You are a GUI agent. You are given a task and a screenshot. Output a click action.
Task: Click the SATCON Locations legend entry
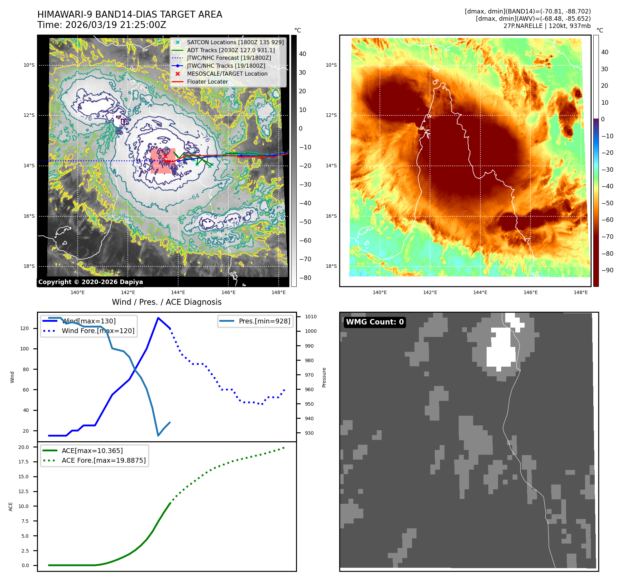click(235, 42)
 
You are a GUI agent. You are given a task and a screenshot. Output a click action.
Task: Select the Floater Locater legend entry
click(207, 82)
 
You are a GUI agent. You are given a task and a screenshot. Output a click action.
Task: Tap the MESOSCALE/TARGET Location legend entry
click(227, 74)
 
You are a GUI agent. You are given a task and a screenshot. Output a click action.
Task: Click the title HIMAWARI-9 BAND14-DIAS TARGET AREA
click(130, 15)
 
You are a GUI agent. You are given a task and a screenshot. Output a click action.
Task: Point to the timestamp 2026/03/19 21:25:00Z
click(116, 25)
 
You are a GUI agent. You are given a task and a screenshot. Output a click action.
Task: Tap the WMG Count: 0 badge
click(375, 322)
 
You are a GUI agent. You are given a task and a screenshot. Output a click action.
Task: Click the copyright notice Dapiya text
click(90, 282)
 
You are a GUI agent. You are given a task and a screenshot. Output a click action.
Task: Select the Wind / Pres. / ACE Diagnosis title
click(166, 302)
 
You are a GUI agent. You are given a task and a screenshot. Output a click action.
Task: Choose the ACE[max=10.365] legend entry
click(92, 451)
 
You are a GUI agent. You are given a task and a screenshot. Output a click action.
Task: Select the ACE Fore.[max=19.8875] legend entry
click(103, 460)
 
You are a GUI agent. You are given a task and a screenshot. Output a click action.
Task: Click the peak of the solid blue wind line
click(158, 318)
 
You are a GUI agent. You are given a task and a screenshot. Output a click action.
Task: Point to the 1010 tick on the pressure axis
click(310, 317)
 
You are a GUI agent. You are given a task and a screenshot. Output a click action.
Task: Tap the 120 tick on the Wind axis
click(25, 328)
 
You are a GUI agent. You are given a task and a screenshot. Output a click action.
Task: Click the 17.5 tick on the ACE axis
click(23, 462)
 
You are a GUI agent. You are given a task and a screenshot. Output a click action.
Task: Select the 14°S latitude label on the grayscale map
click(29, 166)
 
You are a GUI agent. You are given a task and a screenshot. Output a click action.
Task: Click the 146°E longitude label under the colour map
click(530, 292)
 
